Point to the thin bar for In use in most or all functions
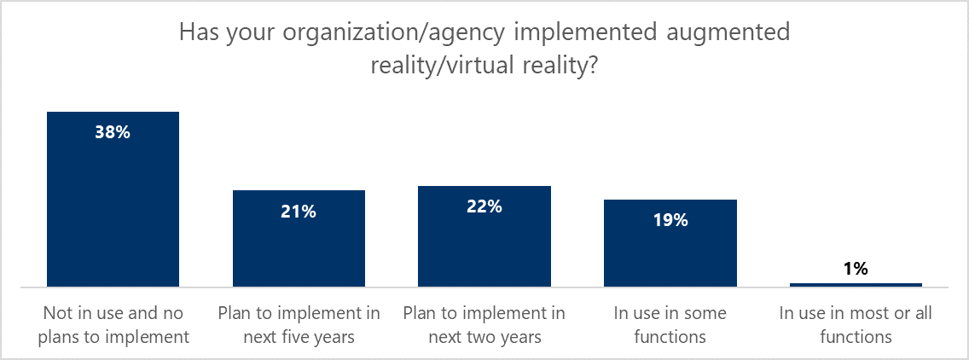click(856, 284)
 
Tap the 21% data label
click(299, 212)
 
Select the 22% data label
click(484, 206)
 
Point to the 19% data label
click(670, 220)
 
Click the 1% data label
click(856, 270)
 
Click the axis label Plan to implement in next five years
click(299, 325)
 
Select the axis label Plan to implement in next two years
click(484, 325)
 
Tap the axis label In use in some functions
click(670, 325)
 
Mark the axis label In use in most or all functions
click(856, 325)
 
